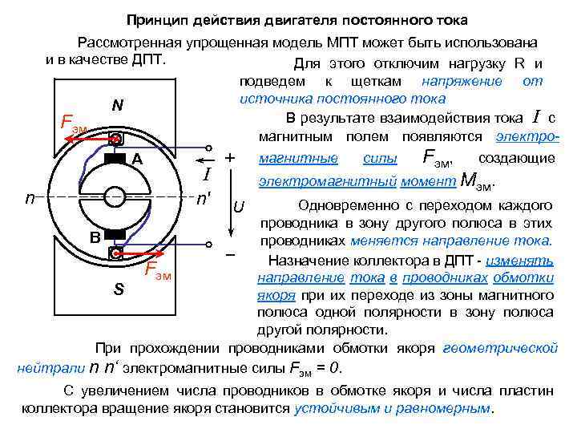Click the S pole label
pos(118,289)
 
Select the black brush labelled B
pos(117,234)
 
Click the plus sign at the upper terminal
pos(230,156)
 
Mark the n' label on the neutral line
pos(208,197)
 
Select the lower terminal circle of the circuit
pos(211,245)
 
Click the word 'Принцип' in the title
pos(155,18)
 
